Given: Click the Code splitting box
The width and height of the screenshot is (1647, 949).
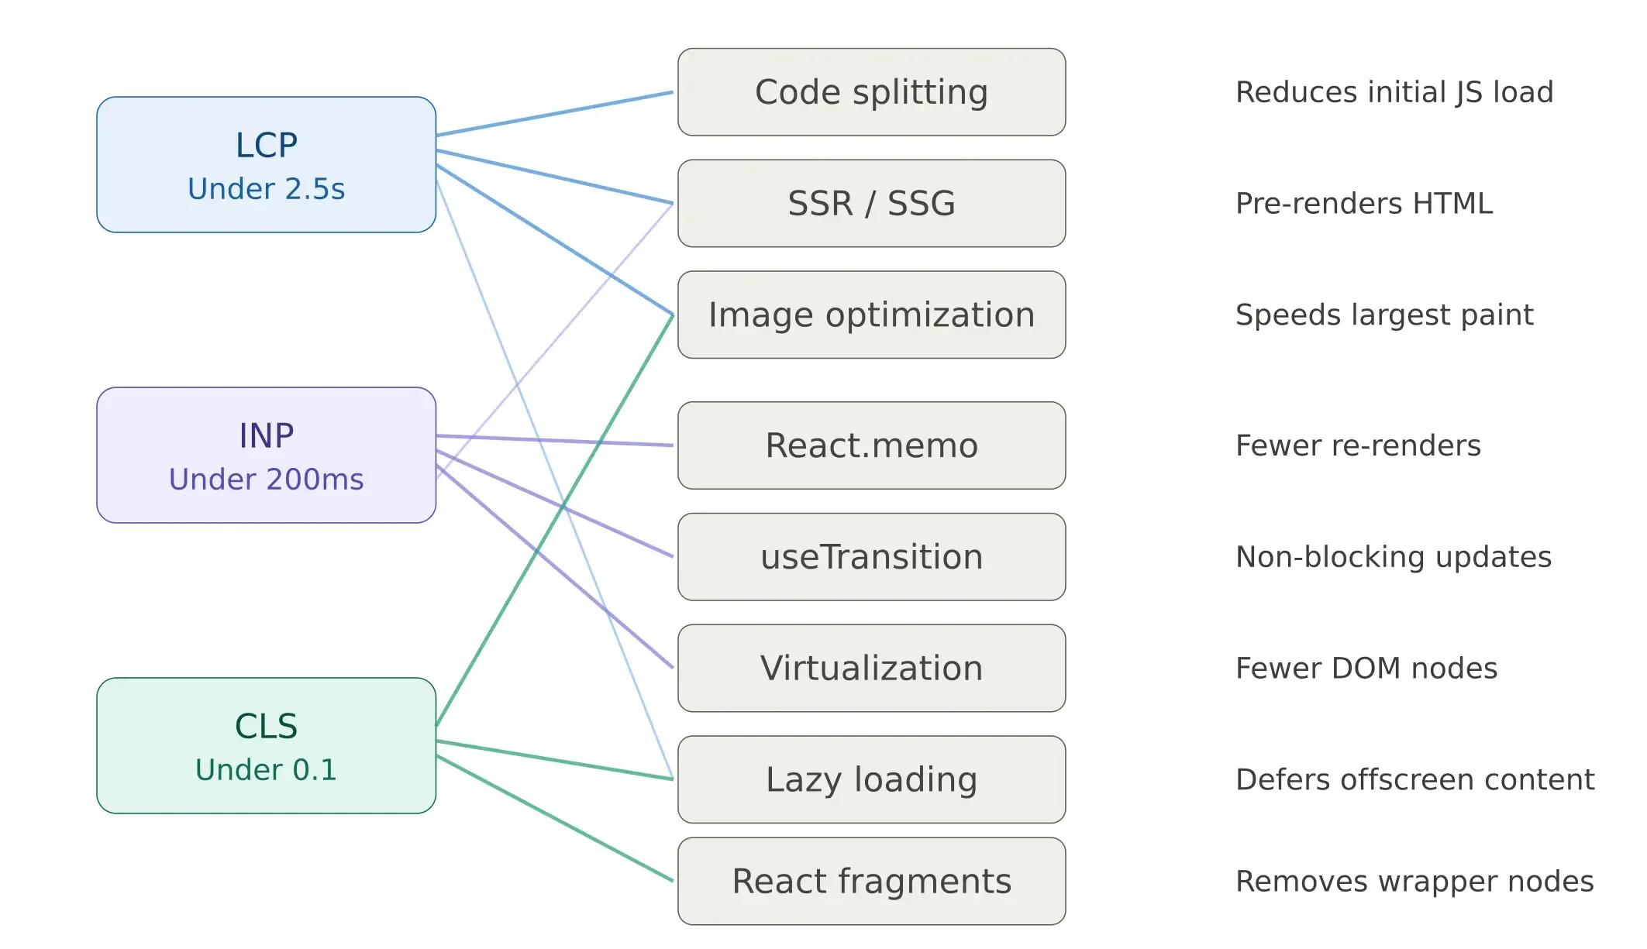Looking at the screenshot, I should pyautogui.click(x=871, y=92).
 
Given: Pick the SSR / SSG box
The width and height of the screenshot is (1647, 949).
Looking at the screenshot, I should pyautogui.click(x=871, y=204).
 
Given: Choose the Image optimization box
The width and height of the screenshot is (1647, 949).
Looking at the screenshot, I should pyautogui.click(x=871, y=315).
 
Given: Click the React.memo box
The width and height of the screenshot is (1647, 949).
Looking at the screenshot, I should pyautogui.click(x=871, y=445).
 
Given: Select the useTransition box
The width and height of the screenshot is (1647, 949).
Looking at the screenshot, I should pyautogui.click(x=871, y=557).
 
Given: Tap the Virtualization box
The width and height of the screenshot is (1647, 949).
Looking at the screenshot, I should pyautogui.click(x=871, y=668).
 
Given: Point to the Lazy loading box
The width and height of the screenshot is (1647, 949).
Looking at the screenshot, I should pyautogui.click(x=871, y=779).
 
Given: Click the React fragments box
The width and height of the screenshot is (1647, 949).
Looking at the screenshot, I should pyautogui.click(x=871, y=881).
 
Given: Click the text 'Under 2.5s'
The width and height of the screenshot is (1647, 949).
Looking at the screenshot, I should pyautogui.click(x=266, y=189).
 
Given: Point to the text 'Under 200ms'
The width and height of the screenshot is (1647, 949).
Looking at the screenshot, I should pyautogui.click(x=266, y=480).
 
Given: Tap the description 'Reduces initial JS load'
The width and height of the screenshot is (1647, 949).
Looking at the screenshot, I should pyautogui.click(x=1394, y=92).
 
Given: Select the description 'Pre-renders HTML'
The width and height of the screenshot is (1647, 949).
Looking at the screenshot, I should pyautogui.click(x=1363, y=204).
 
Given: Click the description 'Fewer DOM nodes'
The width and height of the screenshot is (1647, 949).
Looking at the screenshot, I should pyautogui.click(x=1366, y=668).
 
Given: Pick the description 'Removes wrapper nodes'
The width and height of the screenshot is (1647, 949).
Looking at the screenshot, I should pyautogui.click(x=1414, y=881).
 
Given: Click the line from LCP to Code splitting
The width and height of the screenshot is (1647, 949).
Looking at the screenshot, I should pyautogui.click(x=554, y=114).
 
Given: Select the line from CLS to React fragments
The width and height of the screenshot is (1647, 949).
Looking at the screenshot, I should pyautogui.click(x=554, y=818).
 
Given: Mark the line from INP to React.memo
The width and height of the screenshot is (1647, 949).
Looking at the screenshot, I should pyautogui.click(x=554, y=441).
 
